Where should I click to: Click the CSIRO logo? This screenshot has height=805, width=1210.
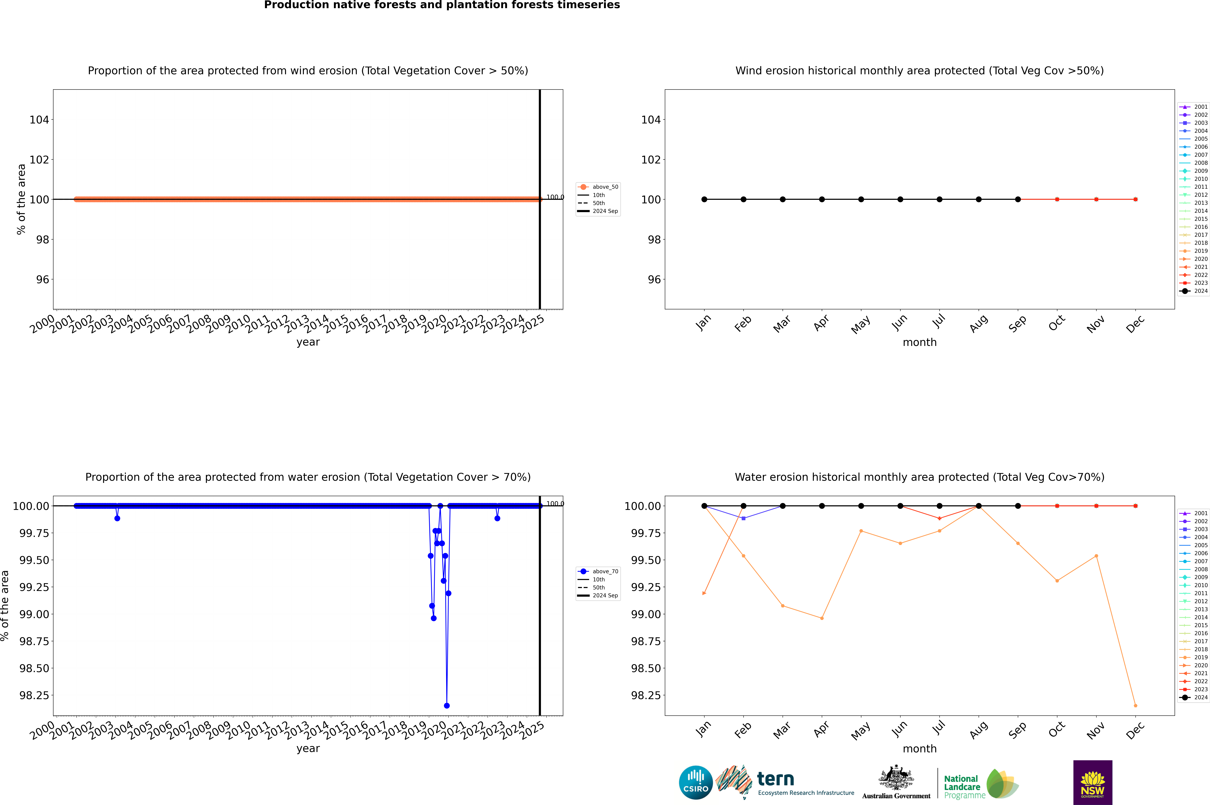[x=696, y=782]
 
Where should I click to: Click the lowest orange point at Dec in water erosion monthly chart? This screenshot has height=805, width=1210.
[x=1135, y=705]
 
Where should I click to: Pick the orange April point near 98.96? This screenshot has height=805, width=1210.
[x=822, y=618]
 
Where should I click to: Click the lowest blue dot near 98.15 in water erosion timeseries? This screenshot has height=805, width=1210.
[x=447, y=705]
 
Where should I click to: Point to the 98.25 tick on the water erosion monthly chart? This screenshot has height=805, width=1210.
[x=646, y=695]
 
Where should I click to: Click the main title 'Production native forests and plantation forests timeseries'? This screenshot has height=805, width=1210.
[x=442, y=5]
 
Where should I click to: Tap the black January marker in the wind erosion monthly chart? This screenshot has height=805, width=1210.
[x=704, y=199]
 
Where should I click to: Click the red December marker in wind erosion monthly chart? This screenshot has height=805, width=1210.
[x=1135, y=199]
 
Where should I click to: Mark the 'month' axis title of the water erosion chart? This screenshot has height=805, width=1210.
[x=919, y=749]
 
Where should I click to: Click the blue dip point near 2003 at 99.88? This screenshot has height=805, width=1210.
[x=117, y=519]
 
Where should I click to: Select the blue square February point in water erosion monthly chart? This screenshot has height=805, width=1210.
[x=743, y=519]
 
